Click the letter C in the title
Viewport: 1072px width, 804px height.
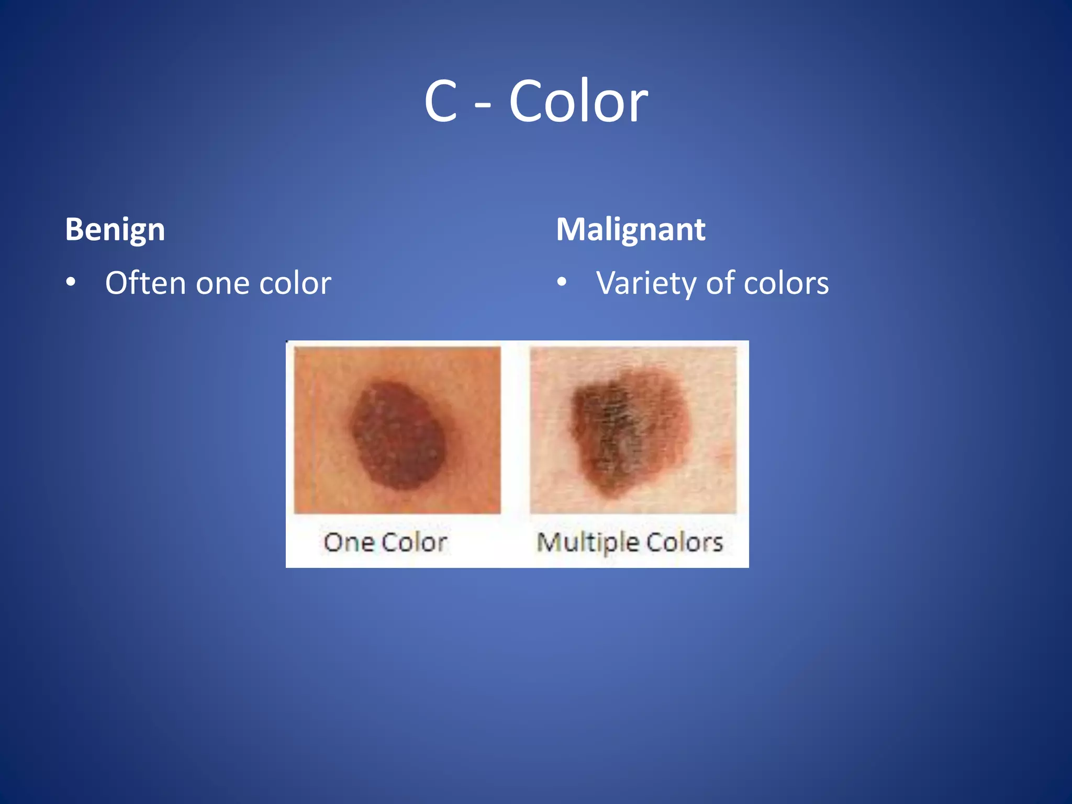[441, 101]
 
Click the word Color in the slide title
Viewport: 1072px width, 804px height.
[578, 101]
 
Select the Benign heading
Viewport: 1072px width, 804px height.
[115, 230]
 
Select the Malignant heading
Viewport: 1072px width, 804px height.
[630, 230]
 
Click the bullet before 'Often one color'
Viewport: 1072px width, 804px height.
[71, 283]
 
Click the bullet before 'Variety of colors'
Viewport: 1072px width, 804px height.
[562, 283]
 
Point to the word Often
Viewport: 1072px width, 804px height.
[146, 283]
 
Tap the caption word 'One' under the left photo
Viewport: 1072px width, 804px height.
[348, 542]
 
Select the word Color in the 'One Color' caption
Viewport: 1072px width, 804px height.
[414, 542]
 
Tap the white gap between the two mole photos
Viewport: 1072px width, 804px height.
[515, 429]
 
